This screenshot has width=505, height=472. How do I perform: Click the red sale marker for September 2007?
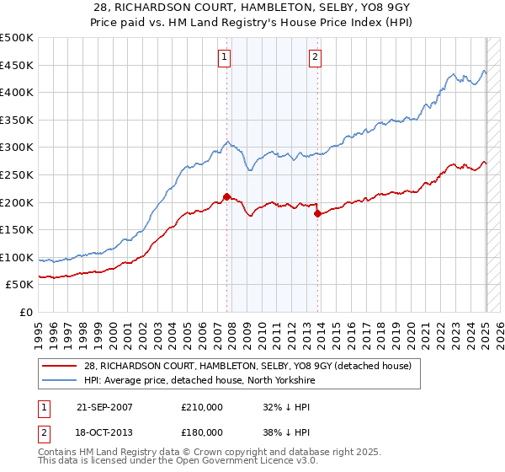coord(226,196)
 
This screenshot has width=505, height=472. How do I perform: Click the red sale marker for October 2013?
coord(317,213)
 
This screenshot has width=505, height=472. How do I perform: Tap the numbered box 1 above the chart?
coord(226,57)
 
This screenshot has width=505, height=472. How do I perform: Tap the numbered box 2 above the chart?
coord(315,57)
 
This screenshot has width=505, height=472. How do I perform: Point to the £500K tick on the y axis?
coord(17,38)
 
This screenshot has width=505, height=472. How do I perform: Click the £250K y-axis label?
coord(17,174)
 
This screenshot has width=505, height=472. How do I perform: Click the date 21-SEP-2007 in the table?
coord(104,406)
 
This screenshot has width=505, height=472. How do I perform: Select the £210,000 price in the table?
coord(201,406)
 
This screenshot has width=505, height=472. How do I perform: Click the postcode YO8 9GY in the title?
coord(355,8)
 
